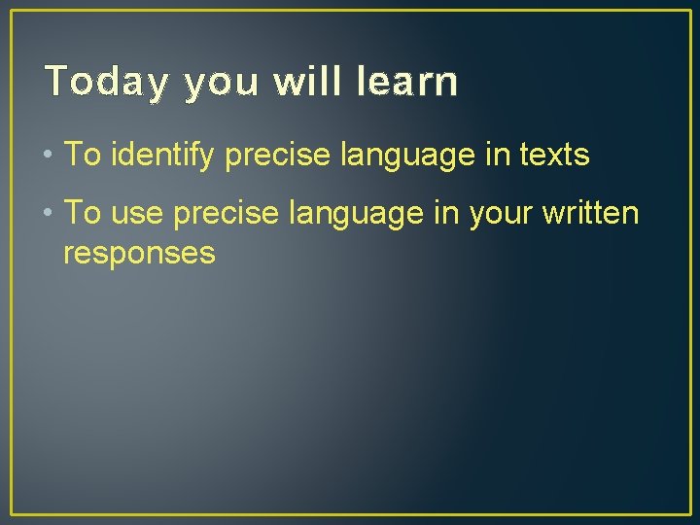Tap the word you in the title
click(221, 85)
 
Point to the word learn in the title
click(406, 83)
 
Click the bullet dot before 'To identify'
click(49, 155)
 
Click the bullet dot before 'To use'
click(49, 214)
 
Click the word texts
click(554, 155)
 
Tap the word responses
click(138, 254)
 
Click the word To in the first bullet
click(82, 155)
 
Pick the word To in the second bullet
click(82, 214)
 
